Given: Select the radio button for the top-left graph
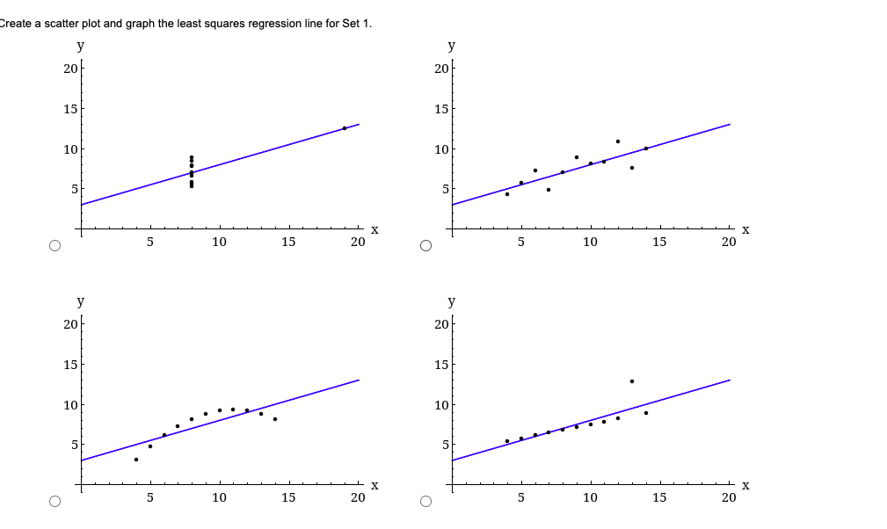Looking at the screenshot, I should coord(55,246).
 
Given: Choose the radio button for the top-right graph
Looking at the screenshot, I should coord(425,246).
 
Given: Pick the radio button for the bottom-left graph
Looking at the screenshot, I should coord(55,502).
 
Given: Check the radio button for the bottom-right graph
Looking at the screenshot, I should coord(425,502).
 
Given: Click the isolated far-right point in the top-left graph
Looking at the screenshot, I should coord(345,128).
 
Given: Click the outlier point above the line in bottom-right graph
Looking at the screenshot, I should coord(631,381).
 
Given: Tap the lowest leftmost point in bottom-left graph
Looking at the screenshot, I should coord(136,460).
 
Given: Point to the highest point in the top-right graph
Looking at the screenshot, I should coord(618,141).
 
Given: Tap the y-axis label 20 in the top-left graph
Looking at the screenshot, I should coord(70,69).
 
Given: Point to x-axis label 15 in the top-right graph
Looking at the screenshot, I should coord(659,243).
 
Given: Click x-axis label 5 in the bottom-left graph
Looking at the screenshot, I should coord(150,497).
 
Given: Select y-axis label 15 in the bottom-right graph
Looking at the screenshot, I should coord(441,364).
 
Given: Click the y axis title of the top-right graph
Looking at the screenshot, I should coord(452,45).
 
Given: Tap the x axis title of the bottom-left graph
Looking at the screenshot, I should coord(374,485).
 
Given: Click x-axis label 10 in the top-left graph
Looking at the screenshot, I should coord(219,243).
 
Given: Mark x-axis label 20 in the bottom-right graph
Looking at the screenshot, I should coord(729,497).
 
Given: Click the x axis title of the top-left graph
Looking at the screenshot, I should coord(374,230).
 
